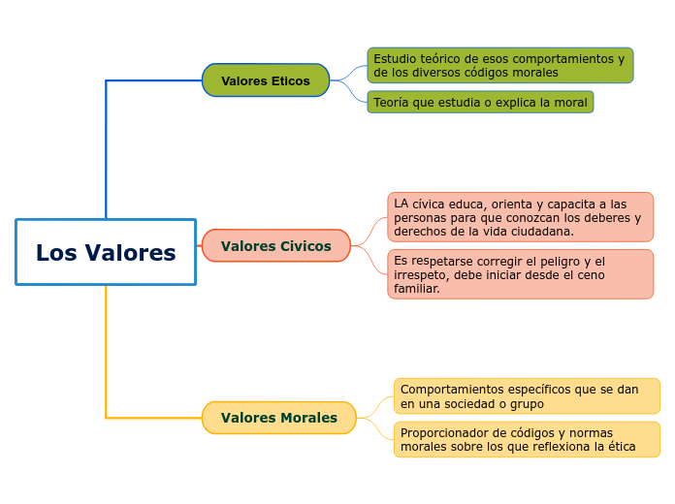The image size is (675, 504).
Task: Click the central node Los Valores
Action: [x=106, y=252]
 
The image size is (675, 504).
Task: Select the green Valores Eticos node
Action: [x=266, y=80]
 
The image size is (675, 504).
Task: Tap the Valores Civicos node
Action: [x=275, y=246]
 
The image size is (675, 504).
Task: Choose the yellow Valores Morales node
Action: [x=279, y=418]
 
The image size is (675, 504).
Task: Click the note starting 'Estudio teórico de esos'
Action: [x=499, y=65]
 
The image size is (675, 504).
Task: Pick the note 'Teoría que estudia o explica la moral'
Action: [x=480, y=102]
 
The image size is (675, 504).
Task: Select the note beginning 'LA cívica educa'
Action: [x=520, y=217]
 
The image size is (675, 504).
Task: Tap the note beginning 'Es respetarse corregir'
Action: [x=520, y=274]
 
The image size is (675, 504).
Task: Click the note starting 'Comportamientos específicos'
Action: [x=527, y=396]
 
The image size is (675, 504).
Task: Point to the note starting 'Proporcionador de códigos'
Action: [x=527, y=439]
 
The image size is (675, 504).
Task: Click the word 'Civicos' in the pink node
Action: [x=305, y=246]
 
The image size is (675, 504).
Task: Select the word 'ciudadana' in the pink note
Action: [x=540, y=232]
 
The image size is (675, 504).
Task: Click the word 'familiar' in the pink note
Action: [x=416, y=288]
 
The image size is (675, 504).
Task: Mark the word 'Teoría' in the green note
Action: [x=391, y=102]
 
